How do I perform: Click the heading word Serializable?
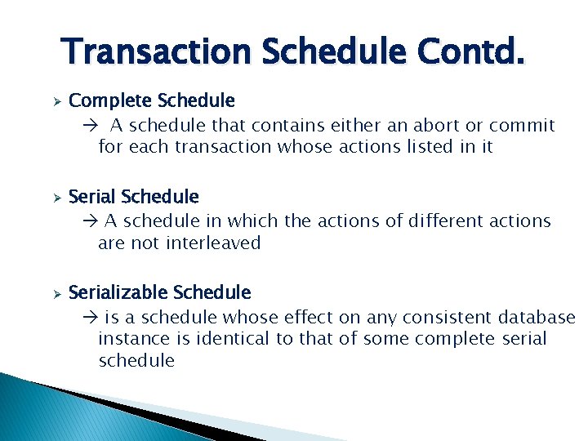pyautogui.click(x=119, y=292)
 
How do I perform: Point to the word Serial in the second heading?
pyautogui.click(x=92, y=197)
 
